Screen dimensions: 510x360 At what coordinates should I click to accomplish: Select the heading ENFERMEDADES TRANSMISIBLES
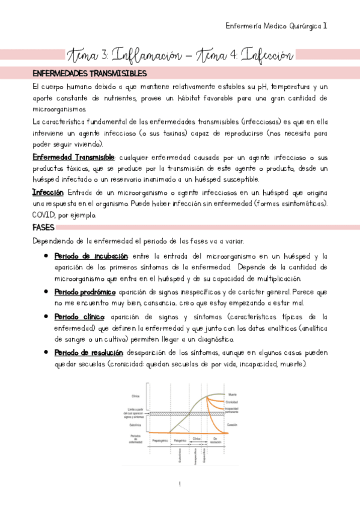pyautogui.click(x=90, y=73)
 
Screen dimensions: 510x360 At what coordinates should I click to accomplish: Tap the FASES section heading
pyautogui.click(x=44, y=228)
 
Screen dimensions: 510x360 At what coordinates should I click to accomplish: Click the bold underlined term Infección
pyautogui.click(x=47, y=192)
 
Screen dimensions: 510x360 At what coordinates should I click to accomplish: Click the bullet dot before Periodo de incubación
pyautogui.click(x=46, y=256)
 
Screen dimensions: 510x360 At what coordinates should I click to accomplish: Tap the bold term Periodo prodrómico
pyautogui.click(x=81, y=291)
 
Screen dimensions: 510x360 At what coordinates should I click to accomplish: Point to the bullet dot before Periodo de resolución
pyautogui.click(x=46, y=352)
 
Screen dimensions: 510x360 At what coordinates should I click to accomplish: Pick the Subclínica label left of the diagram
pyautogui.click(x=133, y=425)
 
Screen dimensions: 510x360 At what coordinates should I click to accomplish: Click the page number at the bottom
pyautogui.click(x=180, y=484)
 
